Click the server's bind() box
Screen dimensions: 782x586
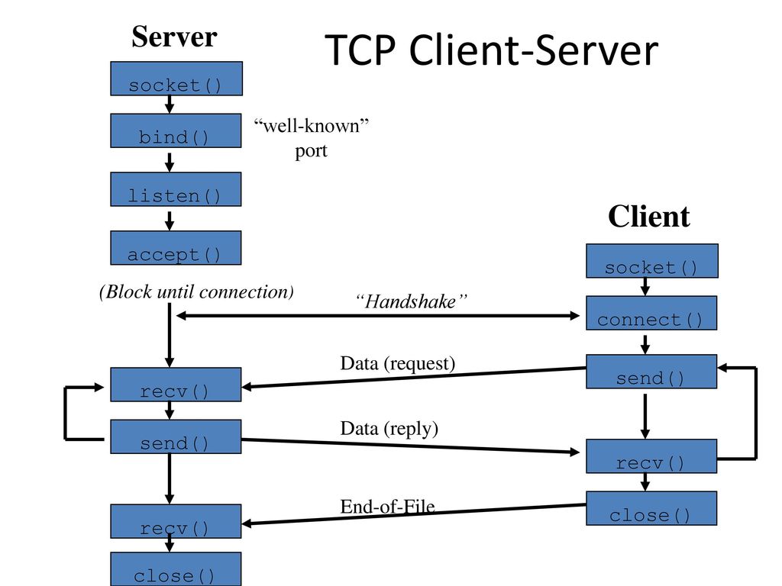176,130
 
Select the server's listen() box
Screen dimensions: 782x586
176,189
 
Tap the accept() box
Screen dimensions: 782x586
176,248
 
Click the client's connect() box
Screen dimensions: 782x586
651,313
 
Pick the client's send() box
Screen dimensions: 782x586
651,372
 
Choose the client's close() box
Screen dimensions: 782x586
651,508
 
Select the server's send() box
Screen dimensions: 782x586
176,436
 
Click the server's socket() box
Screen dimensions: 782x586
176,79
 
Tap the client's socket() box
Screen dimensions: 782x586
652,261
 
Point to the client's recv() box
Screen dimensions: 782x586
651,456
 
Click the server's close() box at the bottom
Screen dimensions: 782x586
176,569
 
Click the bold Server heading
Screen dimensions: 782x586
174,37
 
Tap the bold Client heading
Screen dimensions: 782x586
649,216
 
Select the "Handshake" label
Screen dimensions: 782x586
411,301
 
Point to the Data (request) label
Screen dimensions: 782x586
397,363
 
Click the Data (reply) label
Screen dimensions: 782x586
389,428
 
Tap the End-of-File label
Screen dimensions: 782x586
387,507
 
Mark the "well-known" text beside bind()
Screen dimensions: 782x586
312,126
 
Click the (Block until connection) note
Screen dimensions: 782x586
196,291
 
